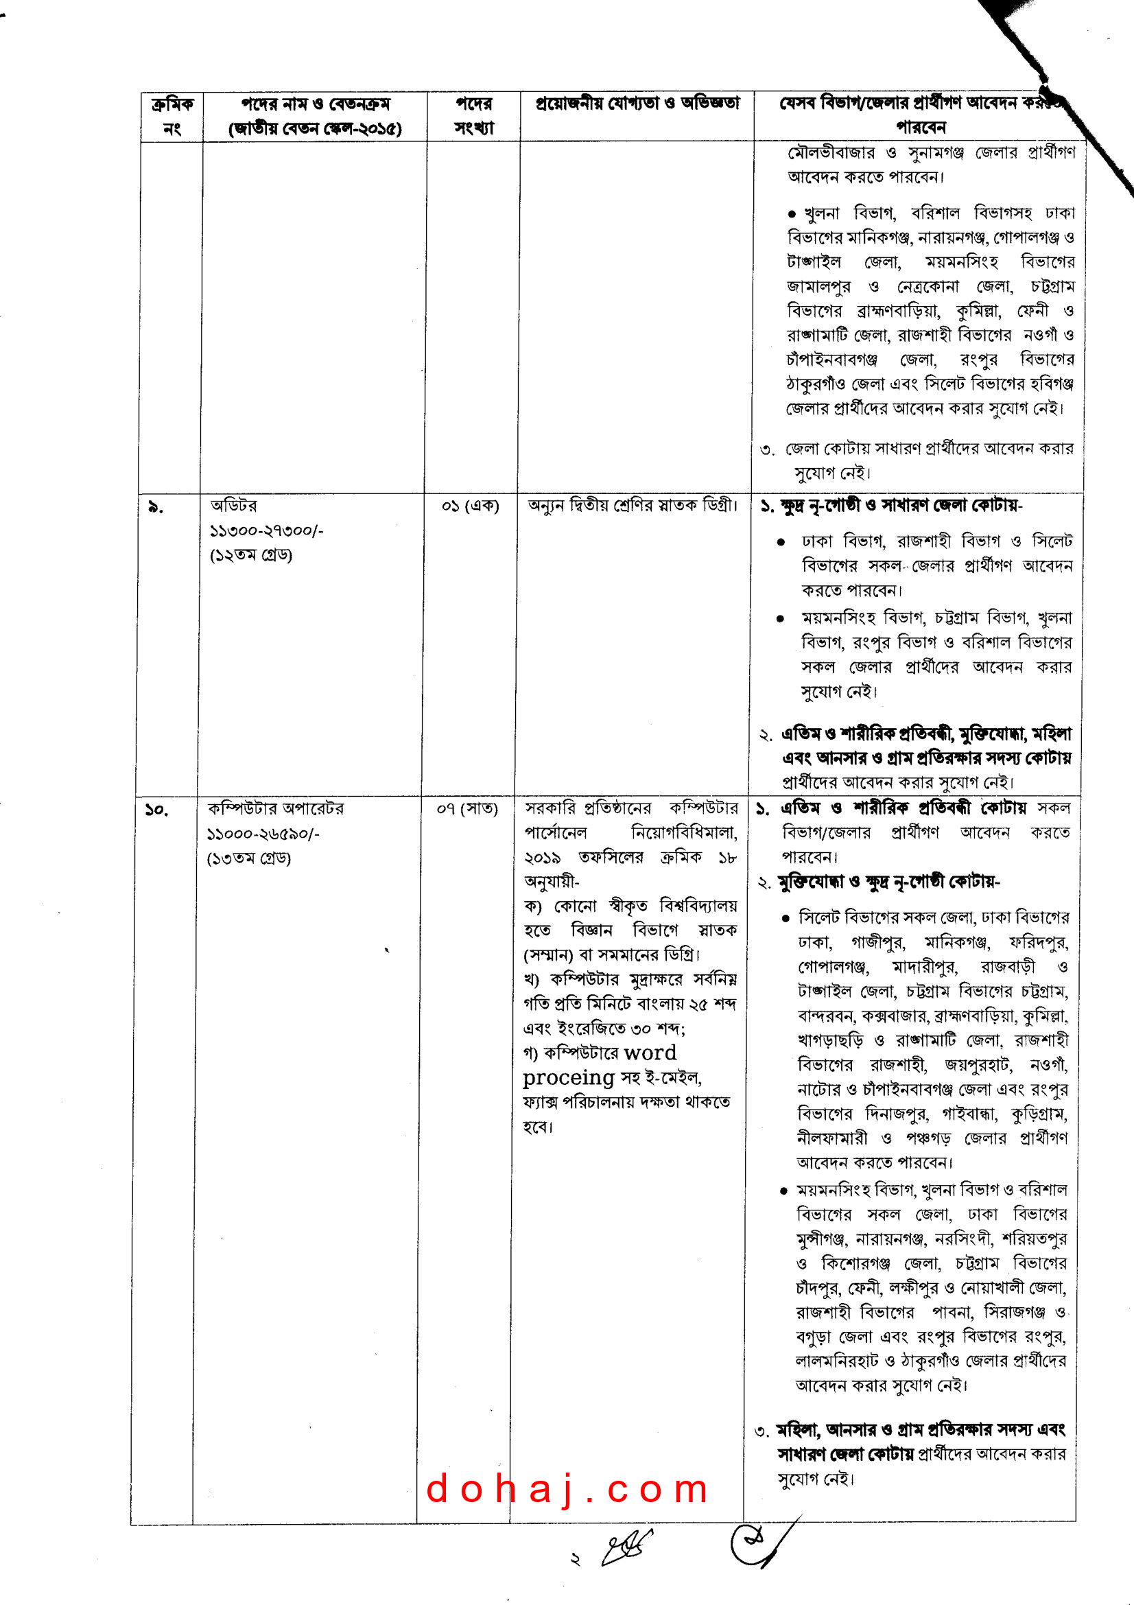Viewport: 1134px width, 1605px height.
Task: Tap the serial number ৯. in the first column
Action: coord(156,508)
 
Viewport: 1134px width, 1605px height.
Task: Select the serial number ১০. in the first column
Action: coord(156,810)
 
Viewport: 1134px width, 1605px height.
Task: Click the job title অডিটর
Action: coord(233,506)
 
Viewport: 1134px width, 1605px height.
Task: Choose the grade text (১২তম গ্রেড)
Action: coord(251,555)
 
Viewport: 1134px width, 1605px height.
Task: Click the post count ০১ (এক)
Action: coord(470,506)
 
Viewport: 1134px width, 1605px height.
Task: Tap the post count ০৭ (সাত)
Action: coord(466,810)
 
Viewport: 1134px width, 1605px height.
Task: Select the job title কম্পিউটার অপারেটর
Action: coord(275,809)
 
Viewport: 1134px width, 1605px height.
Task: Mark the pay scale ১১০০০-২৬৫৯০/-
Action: coord(263,834)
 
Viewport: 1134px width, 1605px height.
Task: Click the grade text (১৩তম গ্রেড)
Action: coord(249,858)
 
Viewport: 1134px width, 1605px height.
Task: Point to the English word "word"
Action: coord(650,1053)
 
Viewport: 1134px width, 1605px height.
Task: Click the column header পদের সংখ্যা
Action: coord(474,116)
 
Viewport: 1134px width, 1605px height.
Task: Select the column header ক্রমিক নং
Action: coord(172,116)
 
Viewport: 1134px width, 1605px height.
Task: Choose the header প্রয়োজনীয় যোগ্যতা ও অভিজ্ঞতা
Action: coord(637,104)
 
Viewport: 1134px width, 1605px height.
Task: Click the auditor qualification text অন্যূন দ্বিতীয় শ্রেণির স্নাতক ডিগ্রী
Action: coord(633,506)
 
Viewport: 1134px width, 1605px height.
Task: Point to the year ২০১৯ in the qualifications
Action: coord(542,858)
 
